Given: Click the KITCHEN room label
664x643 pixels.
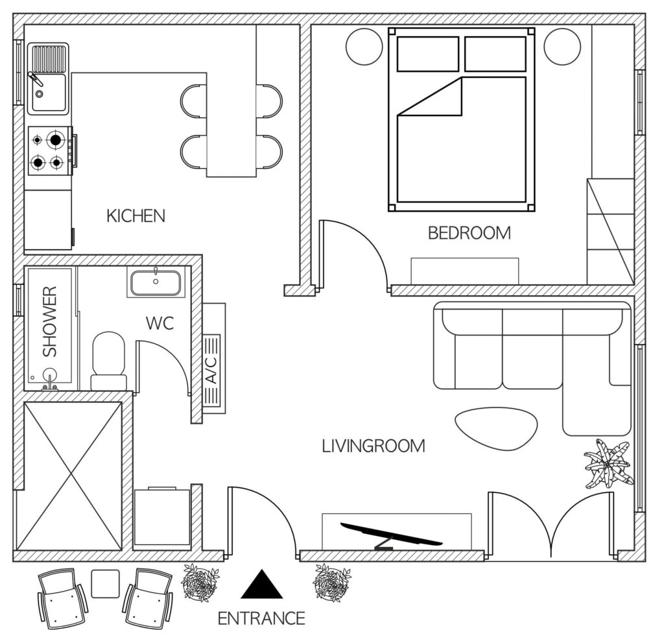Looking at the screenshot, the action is [136, 216].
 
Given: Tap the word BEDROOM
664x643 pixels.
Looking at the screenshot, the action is [469, 233].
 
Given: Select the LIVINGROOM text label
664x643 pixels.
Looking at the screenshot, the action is [373, 446].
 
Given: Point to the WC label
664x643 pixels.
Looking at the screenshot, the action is [160, 323].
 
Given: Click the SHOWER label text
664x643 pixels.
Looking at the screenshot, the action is [50, 321].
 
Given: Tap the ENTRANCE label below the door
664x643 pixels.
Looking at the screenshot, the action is [261, 619].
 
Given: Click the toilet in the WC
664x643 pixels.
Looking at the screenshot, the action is [109, 361].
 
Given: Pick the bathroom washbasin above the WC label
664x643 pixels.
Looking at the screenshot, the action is [156, 282].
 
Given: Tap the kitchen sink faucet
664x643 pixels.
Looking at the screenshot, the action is [35, 79].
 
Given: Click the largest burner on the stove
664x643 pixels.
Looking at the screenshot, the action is [56, 139].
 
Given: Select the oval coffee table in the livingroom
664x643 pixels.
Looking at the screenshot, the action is [496, 428].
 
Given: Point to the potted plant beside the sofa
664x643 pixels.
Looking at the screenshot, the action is [609, 464].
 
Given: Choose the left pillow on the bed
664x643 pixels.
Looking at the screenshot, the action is [428, 54].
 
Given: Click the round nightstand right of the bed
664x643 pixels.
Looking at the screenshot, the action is [562, 47].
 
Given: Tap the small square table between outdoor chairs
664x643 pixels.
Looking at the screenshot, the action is [106, 584].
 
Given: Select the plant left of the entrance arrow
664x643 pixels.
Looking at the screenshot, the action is [200, 583].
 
